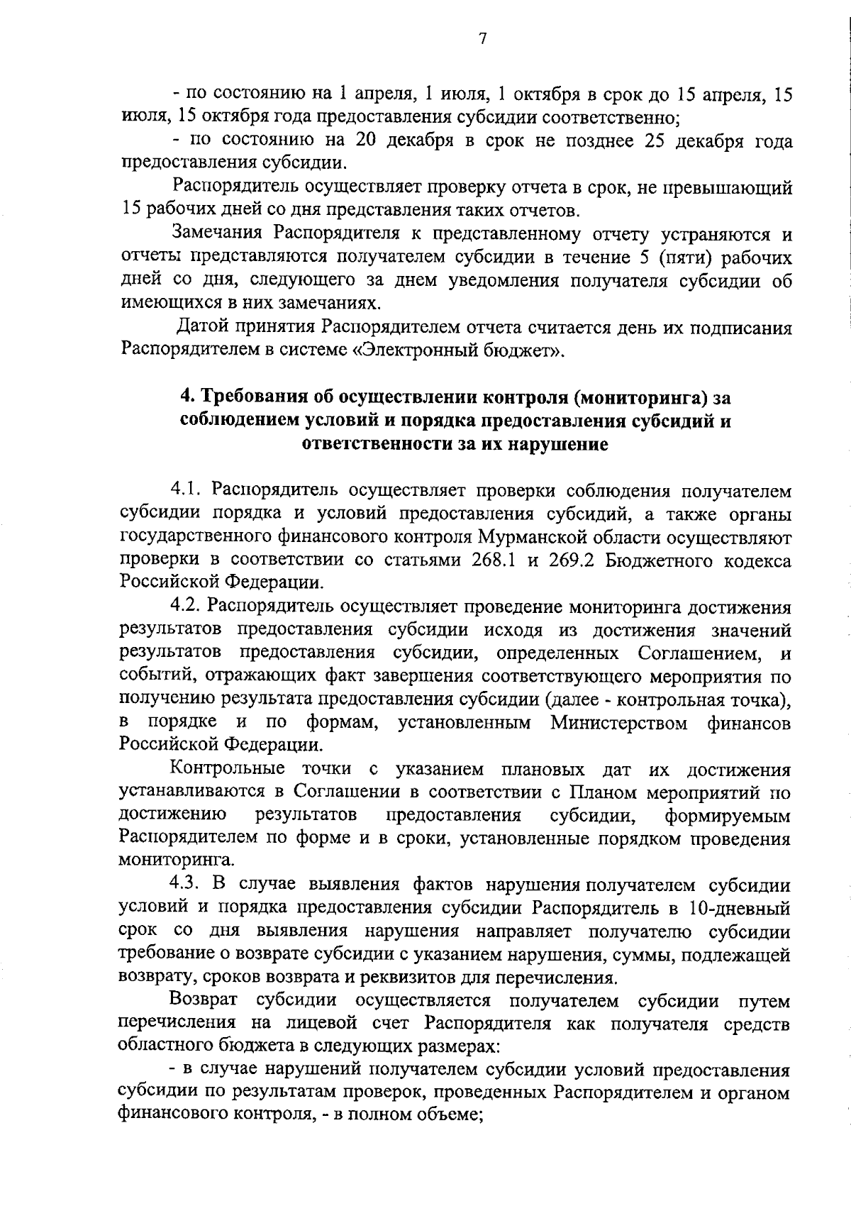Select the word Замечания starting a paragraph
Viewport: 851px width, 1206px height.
pos(218,233)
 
